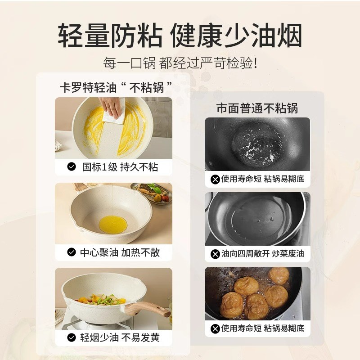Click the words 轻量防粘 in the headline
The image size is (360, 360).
[x=110, y=35]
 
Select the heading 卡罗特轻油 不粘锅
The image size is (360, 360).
[x=117, y=87]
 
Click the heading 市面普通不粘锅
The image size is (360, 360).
[x=257, y=108]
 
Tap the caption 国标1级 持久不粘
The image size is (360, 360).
[x=120, y=167]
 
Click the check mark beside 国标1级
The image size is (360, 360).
[x=71, y=167]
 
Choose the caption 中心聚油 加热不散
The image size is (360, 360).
[x=120, y=252]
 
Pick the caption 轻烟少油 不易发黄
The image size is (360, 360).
[x=120, y=337]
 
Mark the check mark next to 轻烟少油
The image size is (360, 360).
[x=71, y=337]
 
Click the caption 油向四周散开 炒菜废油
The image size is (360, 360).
[x=263, y=254]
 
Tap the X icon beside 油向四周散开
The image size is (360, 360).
[x=215, y=254]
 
